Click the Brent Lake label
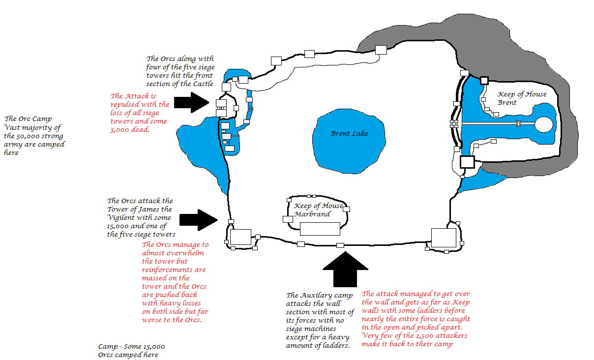tap(349, 133)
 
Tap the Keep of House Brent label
tap(522, 98)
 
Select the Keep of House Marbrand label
tap(318, 210)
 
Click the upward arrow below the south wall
tap(345, 269)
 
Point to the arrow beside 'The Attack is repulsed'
tap(192, 103)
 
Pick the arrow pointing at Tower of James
tap(199, 220)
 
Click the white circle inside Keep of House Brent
tap(544, 124)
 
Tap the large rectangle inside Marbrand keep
tap(320, 229)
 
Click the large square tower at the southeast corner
tap(444, 238)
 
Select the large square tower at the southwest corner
tap(240, 237)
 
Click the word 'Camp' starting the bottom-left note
tap(108, 347)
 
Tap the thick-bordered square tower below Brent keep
tap(467, 162)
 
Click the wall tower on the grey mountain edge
tap(381, 50)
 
